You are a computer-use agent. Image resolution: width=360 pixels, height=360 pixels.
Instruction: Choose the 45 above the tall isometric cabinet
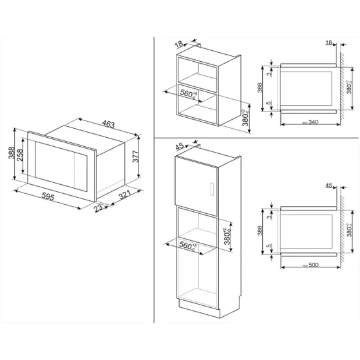(179, 146)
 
